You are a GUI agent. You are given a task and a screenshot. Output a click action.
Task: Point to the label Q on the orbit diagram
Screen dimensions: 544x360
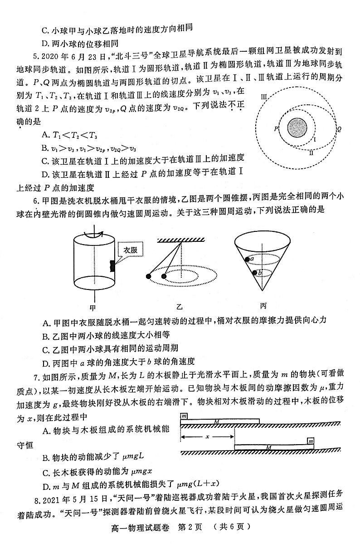coord(339,129)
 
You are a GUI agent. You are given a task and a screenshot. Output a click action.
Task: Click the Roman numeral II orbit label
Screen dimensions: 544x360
coord(311,153)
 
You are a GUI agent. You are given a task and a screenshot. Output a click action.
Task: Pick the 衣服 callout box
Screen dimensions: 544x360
coord(130,250)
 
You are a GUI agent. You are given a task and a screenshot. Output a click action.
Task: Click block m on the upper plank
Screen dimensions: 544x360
coord(184,416)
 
